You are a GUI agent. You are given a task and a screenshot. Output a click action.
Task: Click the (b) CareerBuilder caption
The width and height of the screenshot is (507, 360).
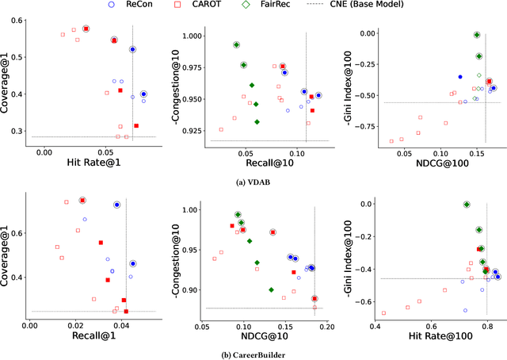253,354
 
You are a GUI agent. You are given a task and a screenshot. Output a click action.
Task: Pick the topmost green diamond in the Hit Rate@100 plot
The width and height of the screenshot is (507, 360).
467,205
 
